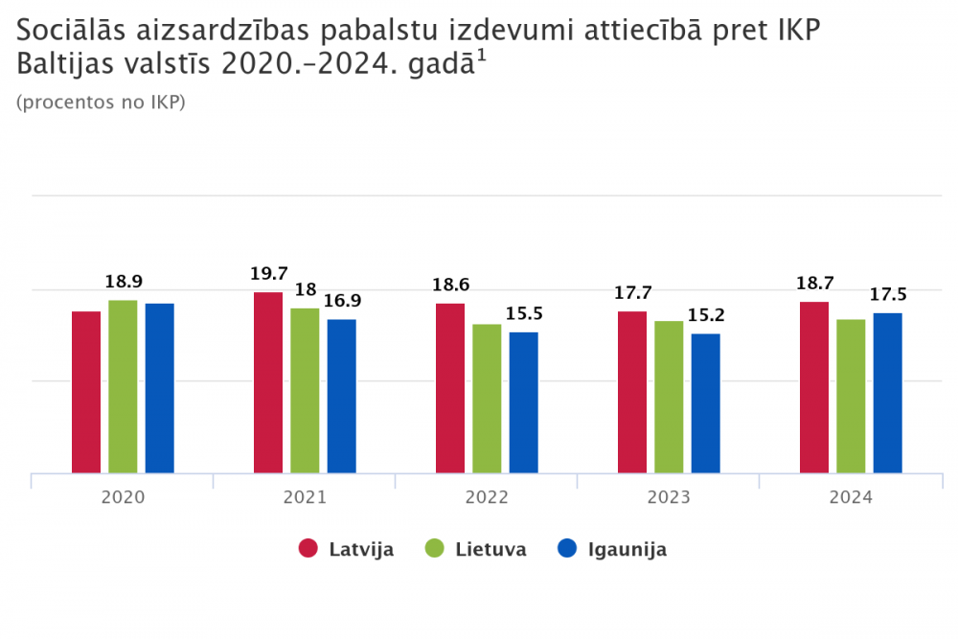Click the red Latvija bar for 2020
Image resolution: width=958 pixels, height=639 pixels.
tap(86, 392)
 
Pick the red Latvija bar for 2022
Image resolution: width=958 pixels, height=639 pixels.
tap(450, 388)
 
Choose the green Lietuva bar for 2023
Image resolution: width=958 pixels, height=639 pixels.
tap(669, 397)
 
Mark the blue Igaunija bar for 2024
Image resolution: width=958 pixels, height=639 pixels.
tap(887, 393)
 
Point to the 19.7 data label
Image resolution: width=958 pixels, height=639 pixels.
tap(268, 274)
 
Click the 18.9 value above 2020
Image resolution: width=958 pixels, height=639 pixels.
tap(124, 282)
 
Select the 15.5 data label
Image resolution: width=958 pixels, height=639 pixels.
tap(524, 313)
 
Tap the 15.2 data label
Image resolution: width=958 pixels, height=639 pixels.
tap(706, 315)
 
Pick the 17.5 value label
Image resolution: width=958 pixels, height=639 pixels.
tap(888, 294)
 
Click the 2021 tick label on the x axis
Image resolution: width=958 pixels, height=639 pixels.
tap(305, 498)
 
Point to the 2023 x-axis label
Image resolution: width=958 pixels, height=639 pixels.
tap(669, 498)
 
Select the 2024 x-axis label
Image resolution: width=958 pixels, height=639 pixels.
tap(851, 498)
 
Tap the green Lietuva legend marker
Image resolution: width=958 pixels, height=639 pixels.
tap(435, 549)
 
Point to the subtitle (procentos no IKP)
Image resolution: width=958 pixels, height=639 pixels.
tap(101, 103)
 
